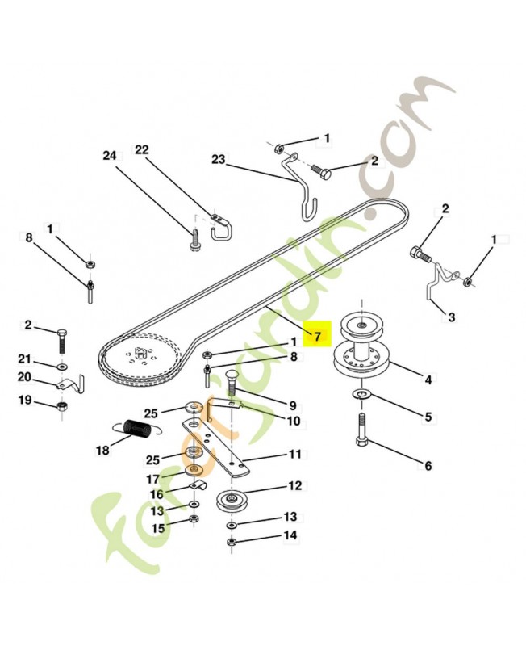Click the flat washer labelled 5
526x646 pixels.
tap(359, 393)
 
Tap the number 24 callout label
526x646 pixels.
tap(110, 155)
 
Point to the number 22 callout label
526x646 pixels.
tap(142, 150)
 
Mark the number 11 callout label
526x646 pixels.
tap(294, 454)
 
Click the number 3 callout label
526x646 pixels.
tap(451, 317)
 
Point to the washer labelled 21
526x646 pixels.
tap(63, 366)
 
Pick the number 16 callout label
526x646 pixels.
tap(157, 494)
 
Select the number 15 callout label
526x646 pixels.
tap(157, 528)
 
